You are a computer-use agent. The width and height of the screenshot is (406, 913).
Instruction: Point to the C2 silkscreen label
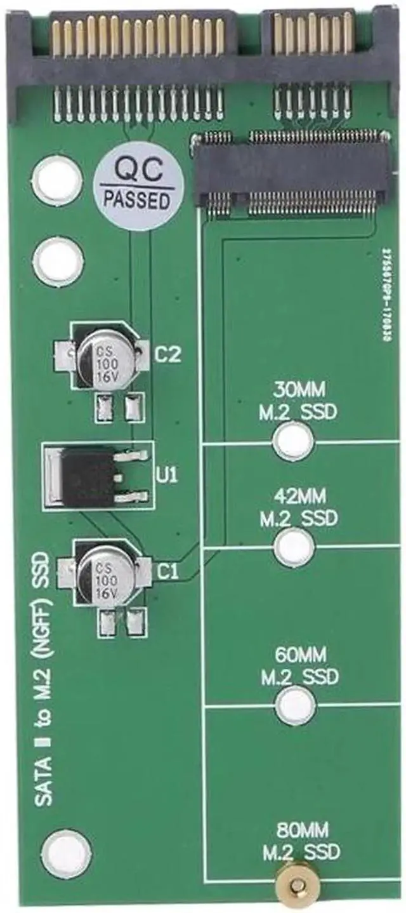click(x=169, y=354)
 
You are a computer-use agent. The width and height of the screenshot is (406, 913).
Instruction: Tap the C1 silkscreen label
click(x=167, y=572)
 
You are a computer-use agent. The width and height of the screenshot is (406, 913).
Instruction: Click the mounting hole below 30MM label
click(x=294, y=439)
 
